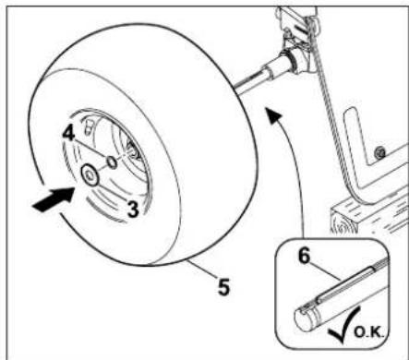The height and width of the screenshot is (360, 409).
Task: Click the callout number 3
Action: tap(133, 210)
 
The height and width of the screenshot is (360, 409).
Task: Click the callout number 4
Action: tap(68, 133)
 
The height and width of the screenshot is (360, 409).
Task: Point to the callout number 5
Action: tap(223, 287)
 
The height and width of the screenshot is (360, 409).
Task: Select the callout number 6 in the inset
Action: tap(304, 256)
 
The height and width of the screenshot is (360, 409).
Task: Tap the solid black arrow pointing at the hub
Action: tap(54, 199)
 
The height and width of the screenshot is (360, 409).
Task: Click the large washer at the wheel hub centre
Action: tap(90, 174)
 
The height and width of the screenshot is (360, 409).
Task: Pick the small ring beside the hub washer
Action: tap(112, 162)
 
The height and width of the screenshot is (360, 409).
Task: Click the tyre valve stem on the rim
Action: tap(88, 126)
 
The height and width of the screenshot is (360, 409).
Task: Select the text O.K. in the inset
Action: tap(369, 332)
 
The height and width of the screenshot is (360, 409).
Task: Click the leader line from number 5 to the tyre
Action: tap(202, 268)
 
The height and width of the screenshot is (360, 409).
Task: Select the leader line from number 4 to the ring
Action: tap(90, 149)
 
